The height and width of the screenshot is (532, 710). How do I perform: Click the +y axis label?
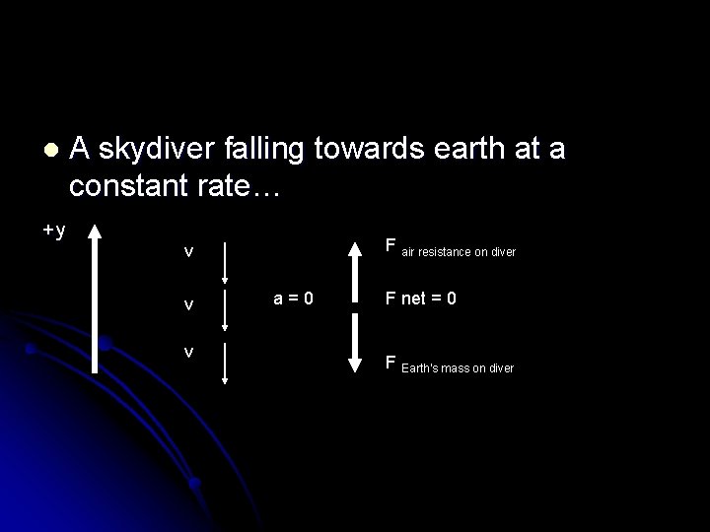(x=54, y=231)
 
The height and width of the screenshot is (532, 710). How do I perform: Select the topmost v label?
(x=188, y=252)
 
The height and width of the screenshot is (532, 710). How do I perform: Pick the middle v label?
(x=188, y=305)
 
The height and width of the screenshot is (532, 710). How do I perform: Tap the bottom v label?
(x=188, y=351)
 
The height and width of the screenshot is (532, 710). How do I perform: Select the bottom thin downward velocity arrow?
(x=226, y=362)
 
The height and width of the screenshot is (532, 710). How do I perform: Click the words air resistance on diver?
(x=459, y=253)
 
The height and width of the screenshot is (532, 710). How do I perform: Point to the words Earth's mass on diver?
(x=457, y=368)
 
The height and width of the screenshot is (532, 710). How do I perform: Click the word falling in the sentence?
(x=277, y=151)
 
